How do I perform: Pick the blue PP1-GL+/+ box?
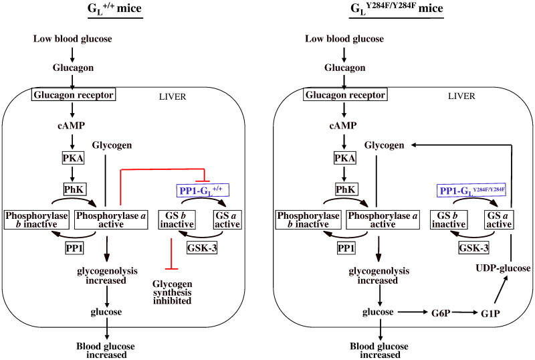click(x=203, y=191)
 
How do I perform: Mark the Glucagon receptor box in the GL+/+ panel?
click(x=71, y=96)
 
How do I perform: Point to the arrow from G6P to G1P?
click(x=467, y=312)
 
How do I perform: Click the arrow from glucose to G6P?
click(x=412, y=312)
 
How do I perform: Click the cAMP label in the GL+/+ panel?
click(x=71, y=126)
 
